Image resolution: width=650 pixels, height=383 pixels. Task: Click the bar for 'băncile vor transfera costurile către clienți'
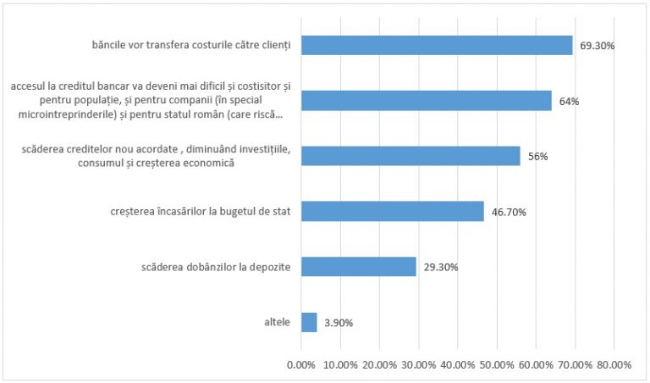437,45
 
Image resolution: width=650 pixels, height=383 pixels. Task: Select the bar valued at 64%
427,101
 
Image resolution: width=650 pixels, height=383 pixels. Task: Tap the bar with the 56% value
410,156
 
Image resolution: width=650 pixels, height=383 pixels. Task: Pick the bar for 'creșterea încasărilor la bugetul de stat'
393,211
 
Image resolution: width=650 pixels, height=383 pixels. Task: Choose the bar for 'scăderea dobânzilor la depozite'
359,266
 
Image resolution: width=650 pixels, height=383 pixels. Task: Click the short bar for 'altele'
309,322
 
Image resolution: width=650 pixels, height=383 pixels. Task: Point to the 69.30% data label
598,46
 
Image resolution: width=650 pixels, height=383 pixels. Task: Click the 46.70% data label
509,212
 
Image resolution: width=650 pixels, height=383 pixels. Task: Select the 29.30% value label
441,267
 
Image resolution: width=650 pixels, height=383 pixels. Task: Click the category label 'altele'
277,322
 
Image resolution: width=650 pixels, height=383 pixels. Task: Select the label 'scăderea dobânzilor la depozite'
216,267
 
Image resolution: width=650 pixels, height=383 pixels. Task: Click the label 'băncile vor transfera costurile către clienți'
191,46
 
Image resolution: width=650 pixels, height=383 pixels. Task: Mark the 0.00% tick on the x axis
301,364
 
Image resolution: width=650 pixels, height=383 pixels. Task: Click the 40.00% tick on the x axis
458,364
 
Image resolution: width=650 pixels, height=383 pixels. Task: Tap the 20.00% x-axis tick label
379,364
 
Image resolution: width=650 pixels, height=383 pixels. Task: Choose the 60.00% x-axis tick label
536,364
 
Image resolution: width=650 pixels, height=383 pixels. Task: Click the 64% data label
569,102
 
